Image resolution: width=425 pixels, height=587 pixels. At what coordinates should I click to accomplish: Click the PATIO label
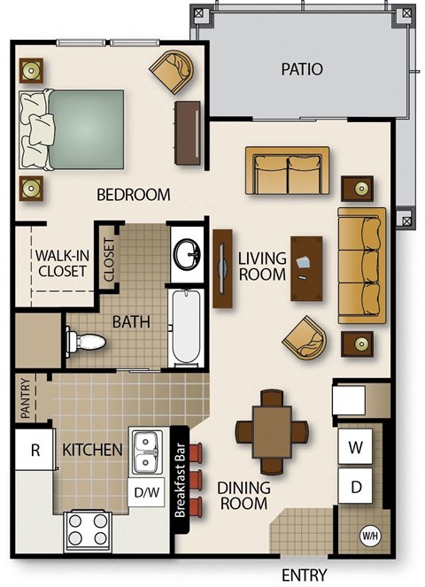tap(301, 69)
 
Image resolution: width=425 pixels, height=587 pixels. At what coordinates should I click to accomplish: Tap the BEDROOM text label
tap(133, 195)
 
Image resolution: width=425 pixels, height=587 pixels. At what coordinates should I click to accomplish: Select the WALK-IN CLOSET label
tap(61, 263)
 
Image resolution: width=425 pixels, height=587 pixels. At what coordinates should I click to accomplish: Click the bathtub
tap(186, 328)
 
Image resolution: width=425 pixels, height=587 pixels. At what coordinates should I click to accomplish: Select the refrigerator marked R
tap(35, 450)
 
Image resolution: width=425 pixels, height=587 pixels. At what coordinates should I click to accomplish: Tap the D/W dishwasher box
tap(146, 490)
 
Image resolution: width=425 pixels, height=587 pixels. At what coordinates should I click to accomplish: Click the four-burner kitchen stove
tap(87, 530)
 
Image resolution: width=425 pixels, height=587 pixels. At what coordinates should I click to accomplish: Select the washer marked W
tap(356, 448)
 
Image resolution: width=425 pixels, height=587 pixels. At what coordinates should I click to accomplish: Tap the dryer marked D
tap(356, 486)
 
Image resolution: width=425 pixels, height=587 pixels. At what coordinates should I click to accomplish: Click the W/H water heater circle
tap(369, 536)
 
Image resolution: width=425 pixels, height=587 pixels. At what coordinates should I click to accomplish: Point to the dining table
tap(272, 430)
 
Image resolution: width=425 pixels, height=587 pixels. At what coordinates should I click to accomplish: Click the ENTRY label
tap(305, 575)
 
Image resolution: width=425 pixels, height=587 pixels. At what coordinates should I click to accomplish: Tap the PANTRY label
tap(26, 399)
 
